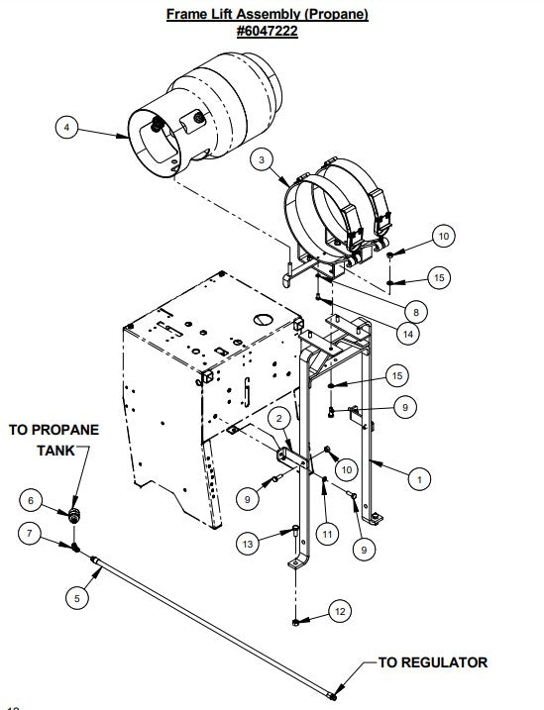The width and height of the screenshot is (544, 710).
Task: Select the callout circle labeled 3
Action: [261, 158]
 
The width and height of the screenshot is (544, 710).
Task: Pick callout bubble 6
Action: [31, 501]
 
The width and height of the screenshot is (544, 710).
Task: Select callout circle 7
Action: [31, 536]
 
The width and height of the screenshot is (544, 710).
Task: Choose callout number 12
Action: [339, 613]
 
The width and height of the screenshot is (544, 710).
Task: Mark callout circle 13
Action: [249, 543]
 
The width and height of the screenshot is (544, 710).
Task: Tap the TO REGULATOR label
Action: [433, 662]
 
